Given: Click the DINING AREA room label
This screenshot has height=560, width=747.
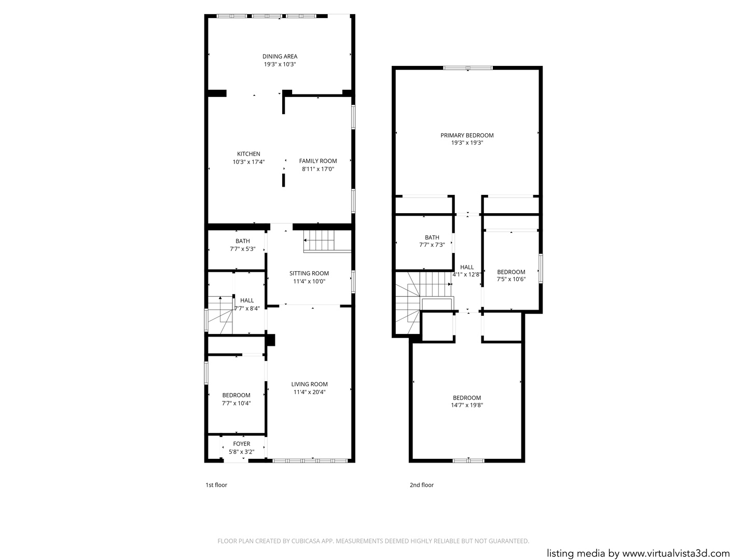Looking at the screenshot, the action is pyautogui.click(x=280, y=57).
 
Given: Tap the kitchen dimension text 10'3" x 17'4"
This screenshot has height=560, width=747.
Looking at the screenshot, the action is pyautogui.click(x=248, y=162).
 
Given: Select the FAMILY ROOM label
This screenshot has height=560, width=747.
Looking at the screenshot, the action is pyautogui.click(x=318, y=161).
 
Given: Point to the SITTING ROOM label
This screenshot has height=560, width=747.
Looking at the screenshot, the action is pyautogui.click(x=309, y=273).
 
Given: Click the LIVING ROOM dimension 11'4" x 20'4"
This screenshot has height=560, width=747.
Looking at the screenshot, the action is pyautogui.click(x=309, y=392).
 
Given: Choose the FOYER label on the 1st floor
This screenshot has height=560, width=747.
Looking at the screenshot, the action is pyautogui.click(x=242, y=444).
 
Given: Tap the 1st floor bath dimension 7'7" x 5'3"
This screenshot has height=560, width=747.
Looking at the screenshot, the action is pyautogui.click(x=243, y=249).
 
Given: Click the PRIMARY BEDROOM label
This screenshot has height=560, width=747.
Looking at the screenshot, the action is pyautogui.click(x=467, y=135).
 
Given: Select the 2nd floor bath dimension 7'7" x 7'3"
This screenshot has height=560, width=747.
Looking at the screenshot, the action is pyautogui.click(x=432, y=245).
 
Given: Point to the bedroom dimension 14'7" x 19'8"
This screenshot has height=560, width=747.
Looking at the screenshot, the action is pyautogui.click(x=467, y=405).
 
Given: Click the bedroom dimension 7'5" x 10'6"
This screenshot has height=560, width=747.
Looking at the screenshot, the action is pyautogui.click(x=511, y=279).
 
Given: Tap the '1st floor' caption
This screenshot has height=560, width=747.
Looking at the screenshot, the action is pyautogui.click(x=216, y=485).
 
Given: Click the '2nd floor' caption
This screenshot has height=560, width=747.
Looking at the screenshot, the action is pyautogui.click(x=422, y=485).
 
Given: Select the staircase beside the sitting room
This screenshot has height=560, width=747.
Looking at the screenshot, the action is pyautogui.click(x=327, y=241).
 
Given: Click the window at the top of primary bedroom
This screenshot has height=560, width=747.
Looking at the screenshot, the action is pyautogui.click(x=468, y=67).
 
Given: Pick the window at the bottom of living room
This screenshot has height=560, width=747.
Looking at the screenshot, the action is pyautogui.click(x=310, y=461).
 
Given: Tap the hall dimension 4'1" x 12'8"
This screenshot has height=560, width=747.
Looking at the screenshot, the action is pyautogui.click(x=466, y=274).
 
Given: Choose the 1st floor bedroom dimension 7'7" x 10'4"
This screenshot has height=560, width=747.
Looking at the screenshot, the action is pyautogui.click(x=236, y=403).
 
